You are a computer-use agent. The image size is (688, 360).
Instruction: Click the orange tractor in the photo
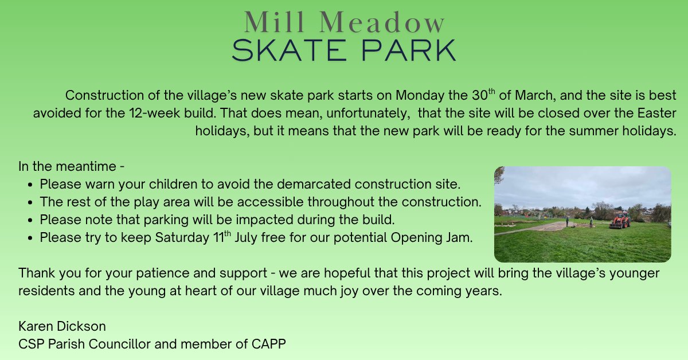pyautogui.click(x=620, y=220)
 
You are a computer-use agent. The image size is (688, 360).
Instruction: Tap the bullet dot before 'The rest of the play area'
pyautogui.click(x=30, y=203)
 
